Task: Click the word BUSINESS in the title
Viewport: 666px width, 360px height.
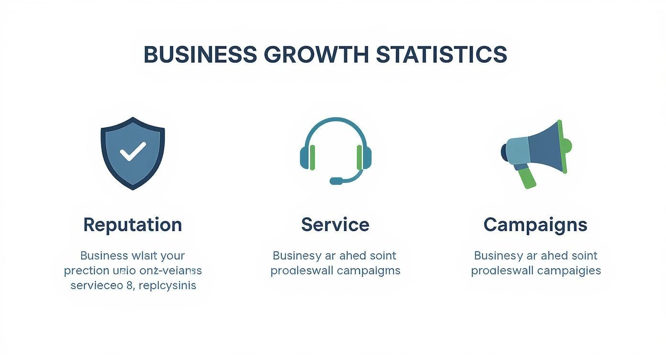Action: pos(200,55)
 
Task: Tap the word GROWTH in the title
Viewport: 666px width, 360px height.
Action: pos(316,55)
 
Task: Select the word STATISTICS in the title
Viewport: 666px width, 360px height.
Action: pos(441,55)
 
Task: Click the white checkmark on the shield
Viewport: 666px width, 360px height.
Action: pos(133,152)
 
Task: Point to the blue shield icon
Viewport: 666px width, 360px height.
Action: pos(133,152)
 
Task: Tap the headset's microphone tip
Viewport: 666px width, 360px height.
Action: pos(336,181)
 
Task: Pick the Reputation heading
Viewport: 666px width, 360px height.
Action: pos(133,225)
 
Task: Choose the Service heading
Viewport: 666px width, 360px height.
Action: pos(335,225)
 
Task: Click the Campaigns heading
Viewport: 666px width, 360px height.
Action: pos(535,225)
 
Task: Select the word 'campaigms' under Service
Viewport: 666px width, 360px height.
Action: pos(368,270)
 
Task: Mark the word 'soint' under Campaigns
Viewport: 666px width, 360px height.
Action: pos(581,256)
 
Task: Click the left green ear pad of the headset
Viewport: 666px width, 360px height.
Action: pos(312,157)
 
